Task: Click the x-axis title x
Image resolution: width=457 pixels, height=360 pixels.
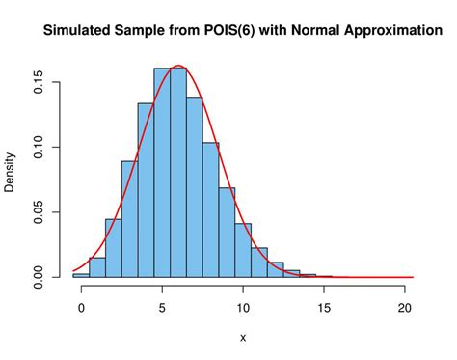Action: point(243,337)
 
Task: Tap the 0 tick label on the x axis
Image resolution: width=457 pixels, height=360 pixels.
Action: point(81,309)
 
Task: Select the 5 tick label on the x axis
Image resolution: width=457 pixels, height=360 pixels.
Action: point(162,309)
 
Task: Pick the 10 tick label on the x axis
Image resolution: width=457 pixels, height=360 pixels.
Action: point(243,309)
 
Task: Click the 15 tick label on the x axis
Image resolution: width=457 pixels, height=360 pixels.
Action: point(324,309)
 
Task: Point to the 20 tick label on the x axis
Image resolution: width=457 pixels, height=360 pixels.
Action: point(405,309)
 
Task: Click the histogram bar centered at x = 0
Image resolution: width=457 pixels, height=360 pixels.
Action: point(81,275)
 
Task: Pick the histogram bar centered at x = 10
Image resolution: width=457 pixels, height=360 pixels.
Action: point(243,251)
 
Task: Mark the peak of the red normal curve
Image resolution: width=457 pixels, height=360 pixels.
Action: point(178,66)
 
